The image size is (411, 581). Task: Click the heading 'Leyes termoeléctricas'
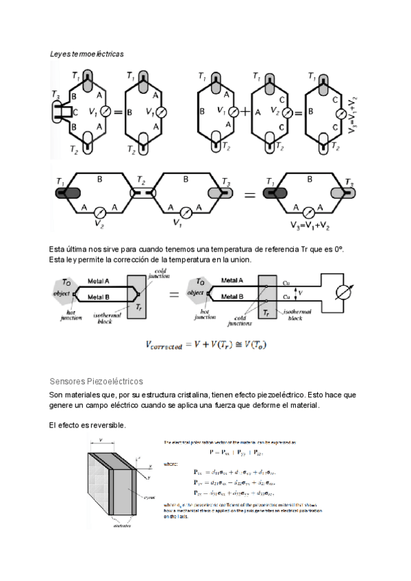(x=86, y=53)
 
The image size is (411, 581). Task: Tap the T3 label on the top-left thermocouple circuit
(x=55, y=95)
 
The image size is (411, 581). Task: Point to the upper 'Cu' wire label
(x=287, y=282)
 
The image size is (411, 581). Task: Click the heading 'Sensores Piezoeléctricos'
(x=95, y=381)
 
